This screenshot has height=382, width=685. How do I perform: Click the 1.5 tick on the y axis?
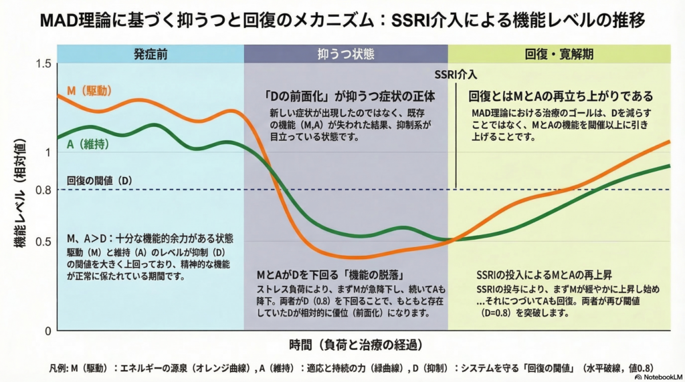pyautogui.click(x=43, y=63)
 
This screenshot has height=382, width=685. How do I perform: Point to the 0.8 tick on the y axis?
pyautogui.click(x=43, y=190)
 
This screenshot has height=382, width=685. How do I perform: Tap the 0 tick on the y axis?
pyautogui.click(x=47, y=331)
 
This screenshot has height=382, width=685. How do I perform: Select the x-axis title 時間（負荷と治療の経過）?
pyautogui.click(x=355, y=345)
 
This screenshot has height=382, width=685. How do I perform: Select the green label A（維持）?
pyautogui.click(x=89, y=144)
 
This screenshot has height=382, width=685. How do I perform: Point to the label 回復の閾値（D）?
pyautogui.click(x=100, y=180)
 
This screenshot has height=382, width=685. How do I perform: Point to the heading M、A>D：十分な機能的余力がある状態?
pyautogui.click(x=150, y=238)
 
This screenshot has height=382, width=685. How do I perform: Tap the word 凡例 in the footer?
pyautogui.click(x=59, y=368)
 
